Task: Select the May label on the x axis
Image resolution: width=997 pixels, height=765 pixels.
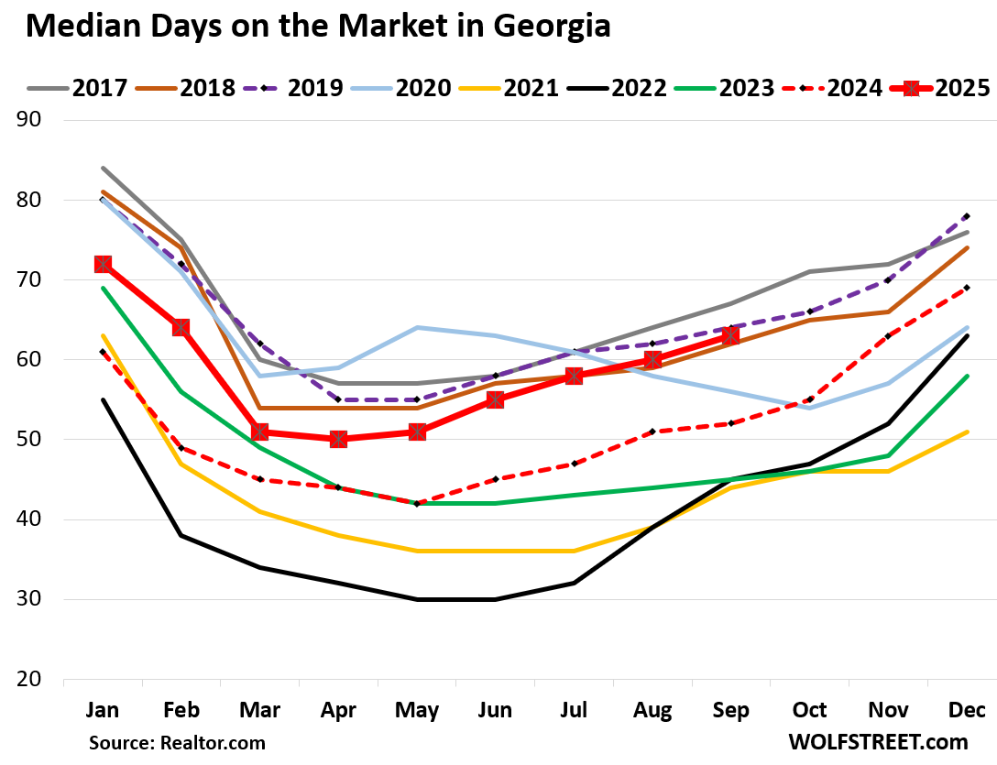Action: (417, 711)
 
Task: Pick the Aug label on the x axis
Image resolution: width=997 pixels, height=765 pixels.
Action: (652, 711)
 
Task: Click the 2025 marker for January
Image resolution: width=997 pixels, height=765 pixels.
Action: (103, 264)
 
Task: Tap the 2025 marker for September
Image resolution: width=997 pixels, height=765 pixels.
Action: (730, 336)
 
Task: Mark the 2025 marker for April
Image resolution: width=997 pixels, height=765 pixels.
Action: (338, 440)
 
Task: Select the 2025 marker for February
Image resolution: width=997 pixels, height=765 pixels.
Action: (181, 328)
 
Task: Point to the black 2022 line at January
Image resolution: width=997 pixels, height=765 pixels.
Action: (103, 399)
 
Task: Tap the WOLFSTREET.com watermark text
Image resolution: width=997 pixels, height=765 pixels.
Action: (879, 741)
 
